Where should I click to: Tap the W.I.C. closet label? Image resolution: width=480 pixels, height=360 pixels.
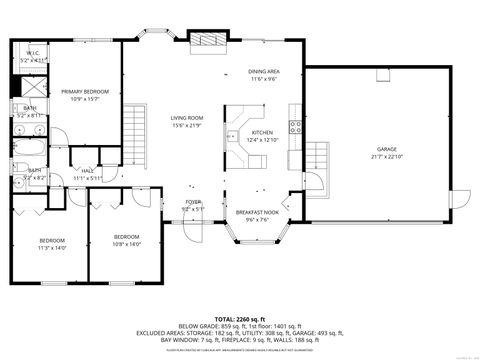pos(33,55)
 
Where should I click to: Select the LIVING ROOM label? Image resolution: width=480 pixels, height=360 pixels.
pos(185,117)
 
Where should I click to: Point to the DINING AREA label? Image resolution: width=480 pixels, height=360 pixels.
pos(265,73)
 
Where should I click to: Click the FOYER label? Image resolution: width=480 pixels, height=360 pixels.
pos(193,202)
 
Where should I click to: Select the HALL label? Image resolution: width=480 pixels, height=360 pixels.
pos(88,171)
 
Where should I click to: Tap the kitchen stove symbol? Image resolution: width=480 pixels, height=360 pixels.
pos(295,126)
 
